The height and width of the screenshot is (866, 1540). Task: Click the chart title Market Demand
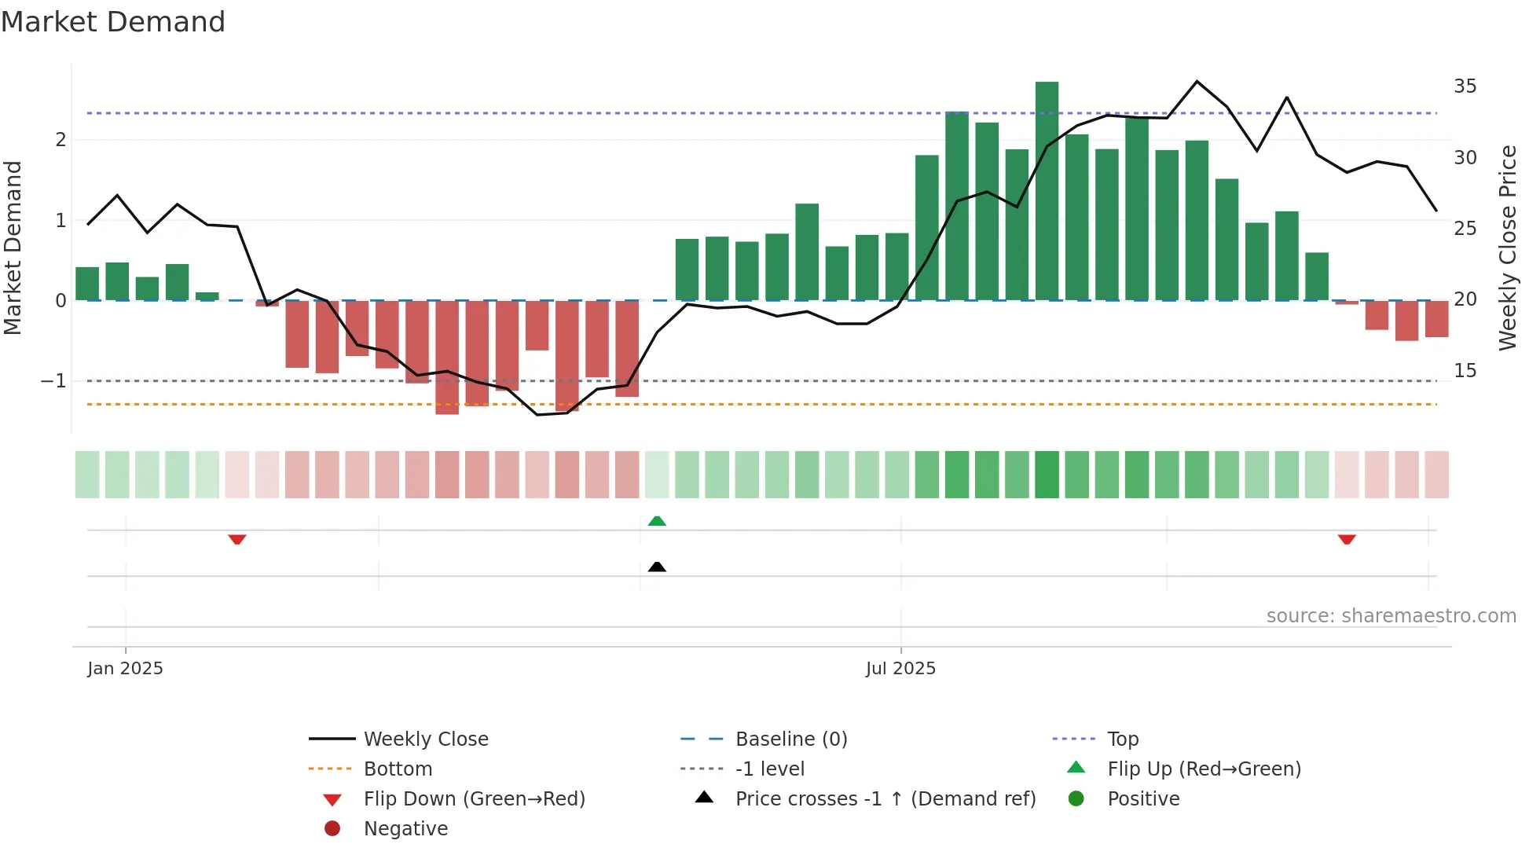coord(113,22)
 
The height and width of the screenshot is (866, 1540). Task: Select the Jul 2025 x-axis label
coord(900,668)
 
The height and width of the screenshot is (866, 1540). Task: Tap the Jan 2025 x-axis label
coord(126,668)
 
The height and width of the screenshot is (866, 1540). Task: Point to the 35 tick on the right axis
coord(1465,86)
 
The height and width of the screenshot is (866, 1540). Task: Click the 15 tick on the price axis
coord(1465,370)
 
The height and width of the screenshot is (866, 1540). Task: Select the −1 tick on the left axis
coord(53,381)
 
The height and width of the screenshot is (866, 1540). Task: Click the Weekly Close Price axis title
coord(1507,248)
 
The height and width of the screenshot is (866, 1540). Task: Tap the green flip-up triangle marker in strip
coord(657,521)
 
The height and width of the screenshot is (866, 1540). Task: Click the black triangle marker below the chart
coord(657,567)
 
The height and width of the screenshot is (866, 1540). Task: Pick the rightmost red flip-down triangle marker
coord(1347,539)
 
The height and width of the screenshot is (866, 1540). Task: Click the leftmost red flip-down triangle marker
coord(237,539)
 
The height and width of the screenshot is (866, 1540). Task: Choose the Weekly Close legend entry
coord(425,739)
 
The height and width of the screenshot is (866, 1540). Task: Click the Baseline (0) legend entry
coord(790,739)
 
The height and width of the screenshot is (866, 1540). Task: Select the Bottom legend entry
coord(398,769)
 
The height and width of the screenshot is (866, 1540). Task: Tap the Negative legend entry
coord(405,828)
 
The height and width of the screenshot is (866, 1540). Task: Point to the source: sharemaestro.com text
coord(1391,615)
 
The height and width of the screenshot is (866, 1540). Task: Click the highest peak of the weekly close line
coord(1197,81)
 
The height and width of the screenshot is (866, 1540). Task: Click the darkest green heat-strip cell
coord(1047,475)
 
